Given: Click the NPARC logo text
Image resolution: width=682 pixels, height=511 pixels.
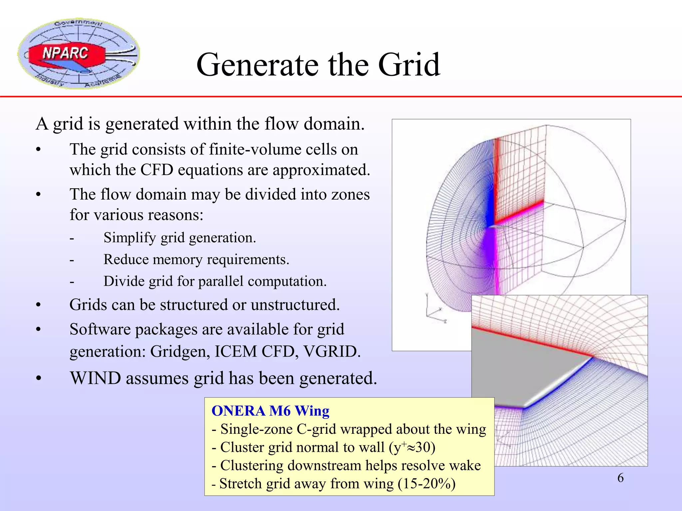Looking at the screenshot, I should pyautogui.click(x=65, y=53).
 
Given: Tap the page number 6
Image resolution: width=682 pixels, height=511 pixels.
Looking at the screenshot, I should pyautogui.click(x=620, y=478).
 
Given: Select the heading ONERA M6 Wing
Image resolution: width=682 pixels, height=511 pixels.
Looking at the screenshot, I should pyautogui.click(x=270, y=411).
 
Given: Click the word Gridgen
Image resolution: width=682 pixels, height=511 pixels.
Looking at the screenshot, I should pyautogui.click(x=180, y=352).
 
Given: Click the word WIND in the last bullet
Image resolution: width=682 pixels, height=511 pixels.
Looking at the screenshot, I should pyautogui.click(x=95, y=379).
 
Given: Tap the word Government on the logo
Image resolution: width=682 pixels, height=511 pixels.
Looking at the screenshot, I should pyautogui.click(x=79, y=24).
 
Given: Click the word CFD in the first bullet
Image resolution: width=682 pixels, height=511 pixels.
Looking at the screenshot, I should pyautogui.click(x=157, y=170).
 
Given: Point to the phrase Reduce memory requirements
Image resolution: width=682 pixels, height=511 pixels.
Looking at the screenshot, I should pyautogui.click(x=196, y=259).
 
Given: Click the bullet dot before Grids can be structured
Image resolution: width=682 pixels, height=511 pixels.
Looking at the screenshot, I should pyautogui.click(x=39, y=305).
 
